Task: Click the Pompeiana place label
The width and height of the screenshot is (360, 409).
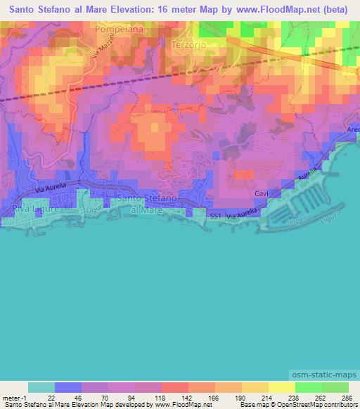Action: tap(119, 31)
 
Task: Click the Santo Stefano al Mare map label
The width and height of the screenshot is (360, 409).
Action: tap(139, 204)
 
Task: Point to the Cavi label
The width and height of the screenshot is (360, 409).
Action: tap(262, 192)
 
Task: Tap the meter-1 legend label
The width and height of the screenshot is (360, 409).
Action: tap(15, 397)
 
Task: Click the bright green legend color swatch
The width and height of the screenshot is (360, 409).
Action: tap(308, 387)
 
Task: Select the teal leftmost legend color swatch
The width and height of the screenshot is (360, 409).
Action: tap(41, 387)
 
